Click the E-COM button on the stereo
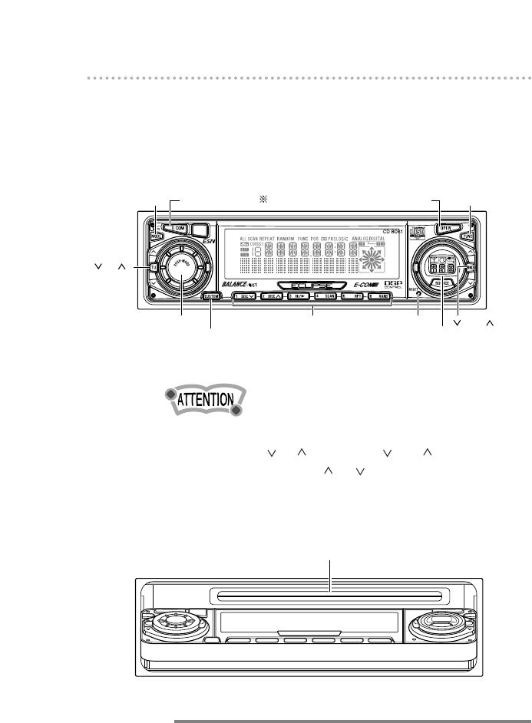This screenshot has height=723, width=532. click(178, 228)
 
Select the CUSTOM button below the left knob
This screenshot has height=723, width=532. click(212, 296)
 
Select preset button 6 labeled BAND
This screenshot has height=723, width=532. click(380, 295)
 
